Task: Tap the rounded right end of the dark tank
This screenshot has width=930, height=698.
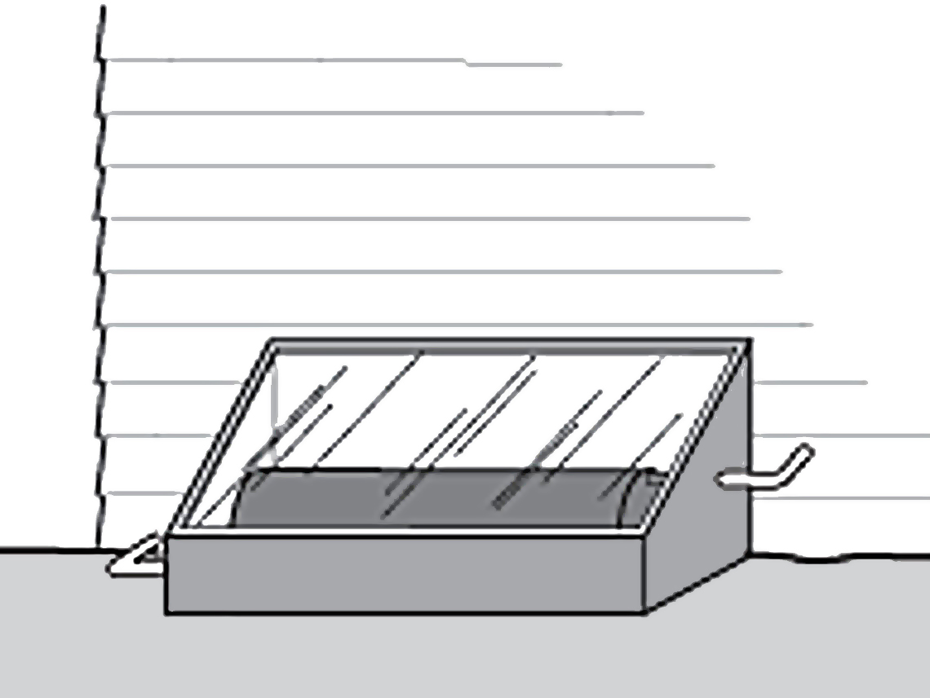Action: pyautogui.click(x=640, y=499)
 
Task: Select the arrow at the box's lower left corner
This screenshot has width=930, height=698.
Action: pyautogui.click(x=135, y=559)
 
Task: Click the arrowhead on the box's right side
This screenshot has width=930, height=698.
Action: pyautogui.click(x=726, y=479)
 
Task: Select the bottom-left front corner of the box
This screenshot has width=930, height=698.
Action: pyautogui.click(x=168, y=611)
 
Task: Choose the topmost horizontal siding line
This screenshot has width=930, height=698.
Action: pyautogui.click(x=326, y=60)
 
